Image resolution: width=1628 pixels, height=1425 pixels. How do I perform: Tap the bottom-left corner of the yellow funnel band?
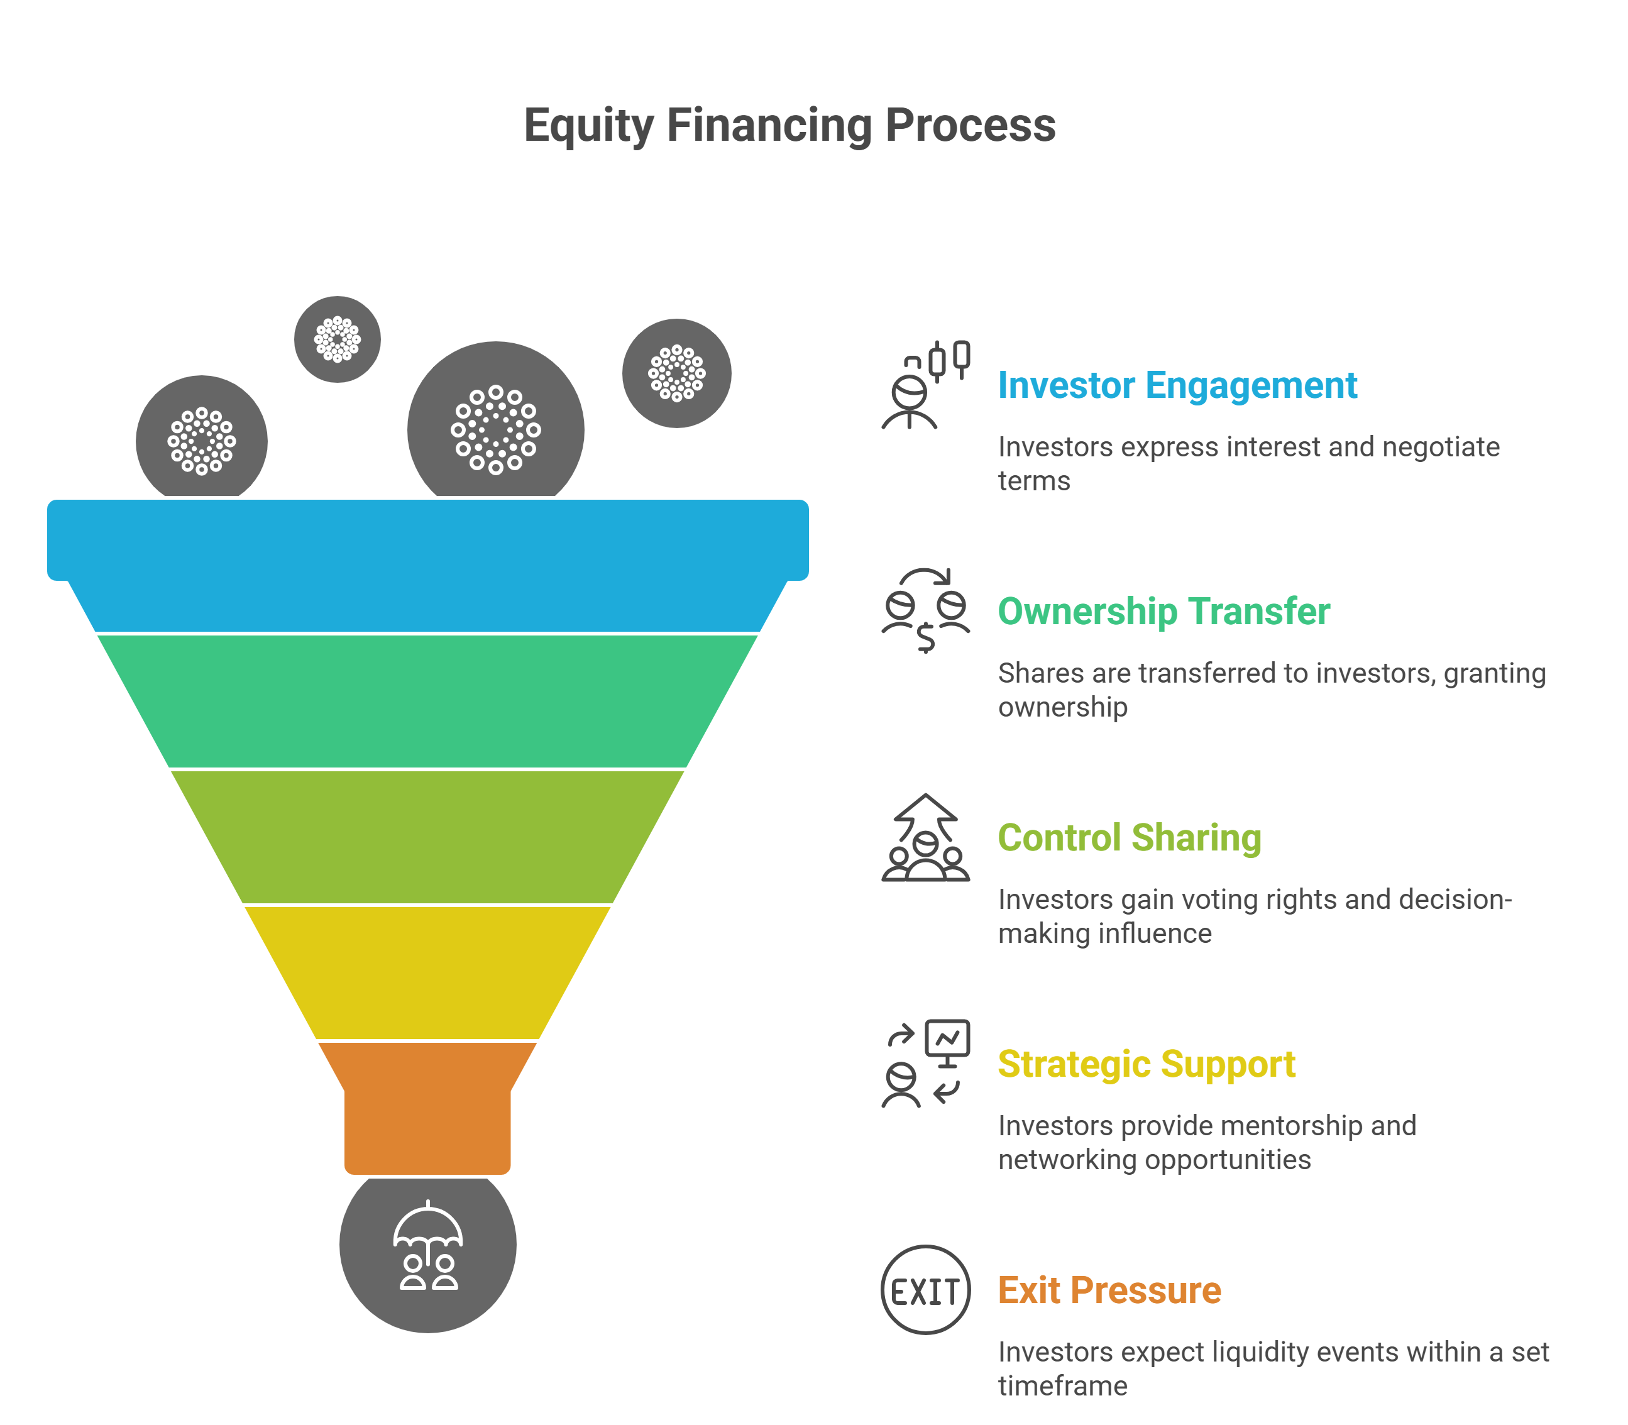318,1038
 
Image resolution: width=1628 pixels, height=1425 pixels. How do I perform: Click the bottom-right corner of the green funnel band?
686,768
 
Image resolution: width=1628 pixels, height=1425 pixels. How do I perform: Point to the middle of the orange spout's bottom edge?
427,1174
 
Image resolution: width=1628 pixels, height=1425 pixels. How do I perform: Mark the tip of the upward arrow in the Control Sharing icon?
926,795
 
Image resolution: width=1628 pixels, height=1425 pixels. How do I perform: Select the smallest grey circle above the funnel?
337,339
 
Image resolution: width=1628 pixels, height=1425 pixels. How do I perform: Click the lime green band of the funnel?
427,837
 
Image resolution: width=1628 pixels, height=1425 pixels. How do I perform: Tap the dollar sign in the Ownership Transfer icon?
926,637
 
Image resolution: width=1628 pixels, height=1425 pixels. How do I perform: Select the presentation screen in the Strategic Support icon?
948,1038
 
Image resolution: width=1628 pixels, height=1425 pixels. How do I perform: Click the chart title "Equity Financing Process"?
789,126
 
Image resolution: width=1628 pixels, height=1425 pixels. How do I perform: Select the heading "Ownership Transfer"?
1163,612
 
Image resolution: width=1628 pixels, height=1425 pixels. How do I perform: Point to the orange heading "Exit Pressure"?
1109,1290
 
